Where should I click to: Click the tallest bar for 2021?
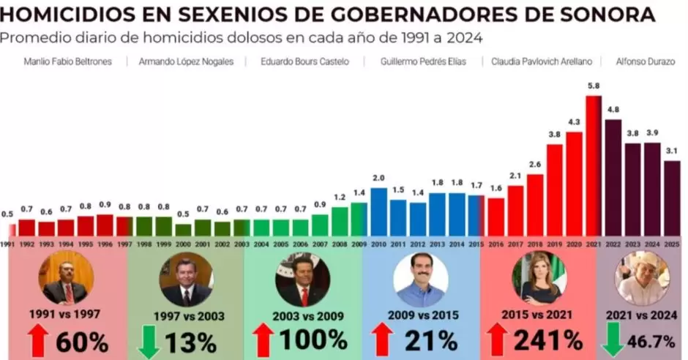coord(594,165)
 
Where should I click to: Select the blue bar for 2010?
coord(378,212)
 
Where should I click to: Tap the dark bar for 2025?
coord(672,198)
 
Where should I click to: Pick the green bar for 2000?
coord(183,229)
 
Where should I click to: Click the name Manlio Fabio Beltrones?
coord(67,62)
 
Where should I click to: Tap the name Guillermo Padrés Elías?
coord(423,62)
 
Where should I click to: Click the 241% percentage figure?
coord(547,340)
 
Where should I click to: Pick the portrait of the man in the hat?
coord(643,278)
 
